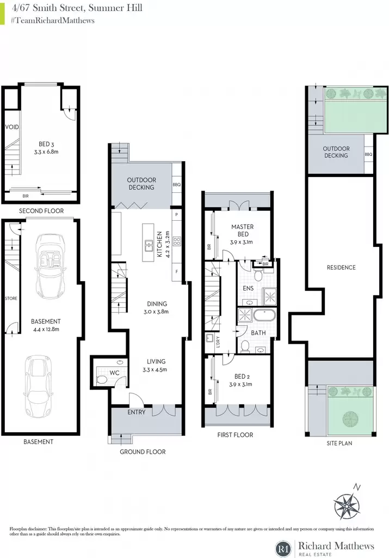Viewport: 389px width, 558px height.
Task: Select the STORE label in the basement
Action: pos(11,298)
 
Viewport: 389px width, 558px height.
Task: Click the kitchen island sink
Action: pos(148,244)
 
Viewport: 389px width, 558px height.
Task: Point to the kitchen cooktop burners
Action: pos(177,241)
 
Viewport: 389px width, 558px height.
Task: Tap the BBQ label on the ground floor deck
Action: pos(177,185)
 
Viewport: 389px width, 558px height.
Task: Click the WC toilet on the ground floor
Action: pos(101,380)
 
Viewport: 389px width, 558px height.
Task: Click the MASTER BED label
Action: pos(243,231)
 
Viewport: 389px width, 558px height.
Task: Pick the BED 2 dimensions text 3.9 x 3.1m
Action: pos(241,384)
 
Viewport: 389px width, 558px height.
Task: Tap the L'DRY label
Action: pos(218,342)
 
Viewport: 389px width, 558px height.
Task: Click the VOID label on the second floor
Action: pos(12,127)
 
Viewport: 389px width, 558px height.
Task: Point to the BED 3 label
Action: pos(46,144)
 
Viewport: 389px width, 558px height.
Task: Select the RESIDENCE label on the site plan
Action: pos(341,268)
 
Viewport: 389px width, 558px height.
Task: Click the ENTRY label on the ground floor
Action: pos(137,412)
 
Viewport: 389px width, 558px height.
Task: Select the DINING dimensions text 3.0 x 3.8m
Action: pos(156,312)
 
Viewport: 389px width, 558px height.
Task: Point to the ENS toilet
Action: pos(258,275)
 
